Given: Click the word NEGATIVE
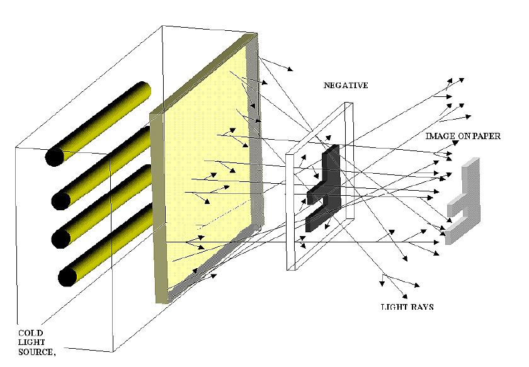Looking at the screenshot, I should [x=345, y=85].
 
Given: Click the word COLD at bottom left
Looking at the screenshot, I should [x=30, y=332].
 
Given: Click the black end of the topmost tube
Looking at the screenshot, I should [x=54, y=157].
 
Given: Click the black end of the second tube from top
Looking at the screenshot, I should [x=61, y=201].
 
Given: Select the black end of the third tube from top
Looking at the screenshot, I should [x=61, y=239].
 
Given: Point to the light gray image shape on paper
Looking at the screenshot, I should [x=463, y=201].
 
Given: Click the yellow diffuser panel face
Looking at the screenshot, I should [x=202, y=183].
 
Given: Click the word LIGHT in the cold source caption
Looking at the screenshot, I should [x=30, y=342].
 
